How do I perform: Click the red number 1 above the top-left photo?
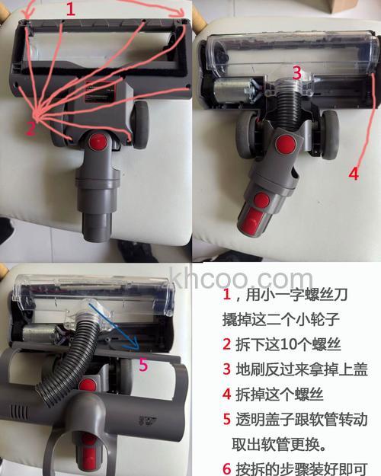(71, 9)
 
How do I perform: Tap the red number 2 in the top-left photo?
(30, 128)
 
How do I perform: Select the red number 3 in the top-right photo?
(297, 73)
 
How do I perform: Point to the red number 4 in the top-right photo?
(353, 173)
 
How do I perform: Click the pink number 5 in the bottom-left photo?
(143, 365)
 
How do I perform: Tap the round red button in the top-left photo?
(98, 142)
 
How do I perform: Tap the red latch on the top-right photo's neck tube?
(261, 200)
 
